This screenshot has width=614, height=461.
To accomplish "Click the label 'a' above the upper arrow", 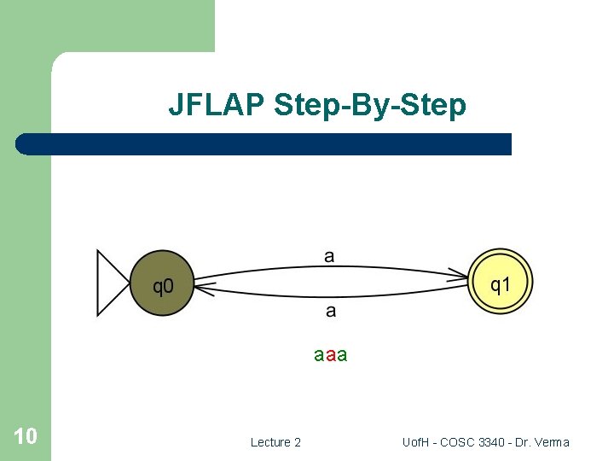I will click(x=330, y=255).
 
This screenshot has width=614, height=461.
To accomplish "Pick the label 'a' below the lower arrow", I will click(x=331, y=312).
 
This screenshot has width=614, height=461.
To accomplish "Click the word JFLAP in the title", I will click(x=217, y=105).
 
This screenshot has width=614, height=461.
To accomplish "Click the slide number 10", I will click(x=25, y=436).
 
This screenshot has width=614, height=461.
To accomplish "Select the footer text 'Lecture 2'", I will click(x=275, y=442).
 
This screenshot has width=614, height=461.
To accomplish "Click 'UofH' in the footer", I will click(x=417, y=442).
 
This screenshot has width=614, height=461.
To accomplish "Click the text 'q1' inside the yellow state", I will click(x=501, y=283).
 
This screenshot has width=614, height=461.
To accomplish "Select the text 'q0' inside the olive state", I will click(x=162, y=285).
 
